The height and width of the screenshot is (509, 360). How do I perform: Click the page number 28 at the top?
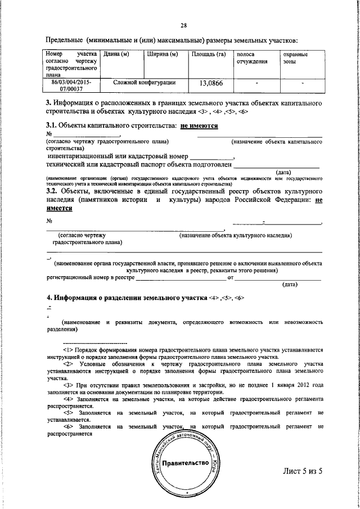coord(183,25)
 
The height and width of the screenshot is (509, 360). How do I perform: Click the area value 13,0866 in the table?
coord(208,84)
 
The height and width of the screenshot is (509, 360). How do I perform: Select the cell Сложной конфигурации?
coord(144,83)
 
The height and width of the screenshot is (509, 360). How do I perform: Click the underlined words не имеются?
coord(199,126)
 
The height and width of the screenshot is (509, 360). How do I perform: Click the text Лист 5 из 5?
coord(305,471)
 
